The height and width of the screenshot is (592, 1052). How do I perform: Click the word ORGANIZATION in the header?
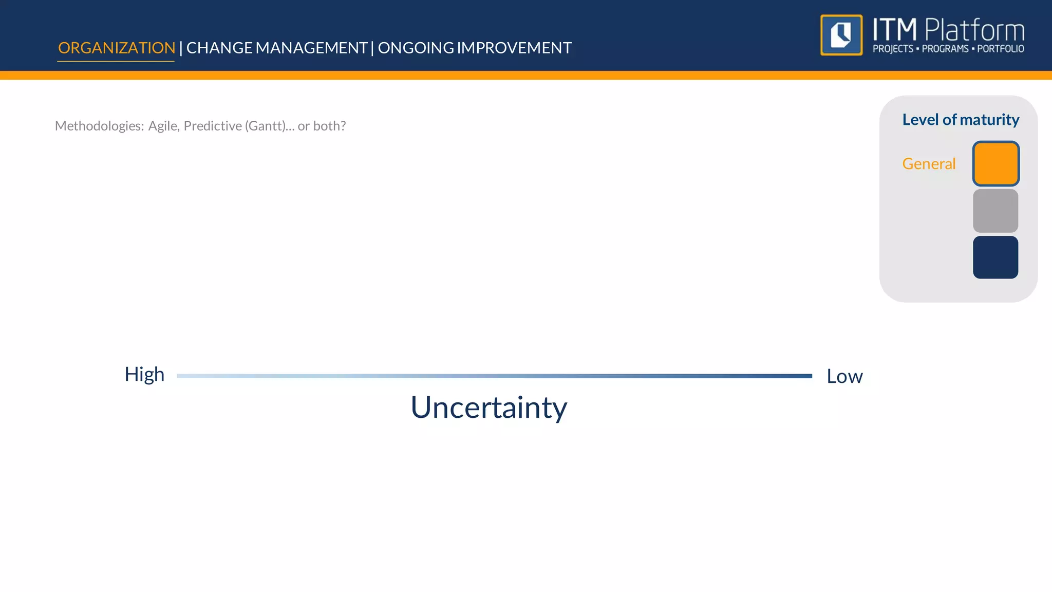[117, 48]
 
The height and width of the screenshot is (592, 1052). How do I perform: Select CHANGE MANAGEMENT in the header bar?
[276, 48]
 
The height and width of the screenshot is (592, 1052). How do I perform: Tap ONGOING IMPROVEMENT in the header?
[475, 48]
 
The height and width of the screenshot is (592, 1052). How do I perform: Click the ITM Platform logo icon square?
[841, 35]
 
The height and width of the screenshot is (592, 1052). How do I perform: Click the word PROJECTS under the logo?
[893, 49]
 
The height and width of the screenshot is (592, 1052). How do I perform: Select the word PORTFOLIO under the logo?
[1000, 49]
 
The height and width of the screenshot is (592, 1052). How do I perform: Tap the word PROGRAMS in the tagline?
[945, 49]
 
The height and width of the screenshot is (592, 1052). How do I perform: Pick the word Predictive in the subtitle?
[213, 126]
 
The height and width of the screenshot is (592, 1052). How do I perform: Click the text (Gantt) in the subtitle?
[266, 126]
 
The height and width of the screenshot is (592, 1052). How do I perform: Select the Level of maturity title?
[961, 120]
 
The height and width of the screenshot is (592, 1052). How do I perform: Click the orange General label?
[929, 164]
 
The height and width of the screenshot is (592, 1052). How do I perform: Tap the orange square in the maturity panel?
[995, 164]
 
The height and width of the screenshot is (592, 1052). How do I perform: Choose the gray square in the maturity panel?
[995, 211]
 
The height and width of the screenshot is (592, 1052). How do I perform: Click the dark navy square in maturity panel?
[995, 257]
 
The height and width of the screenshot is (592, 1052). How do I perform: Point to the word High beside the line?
[144, 375]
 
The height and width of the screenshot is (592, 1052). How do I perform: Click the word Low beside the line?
[844, 377]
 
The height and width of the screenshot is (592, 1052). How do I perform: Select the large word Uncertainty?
[489, 408]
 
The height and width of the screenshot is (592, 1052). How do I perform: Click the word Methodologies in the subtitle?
[99, 126]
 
